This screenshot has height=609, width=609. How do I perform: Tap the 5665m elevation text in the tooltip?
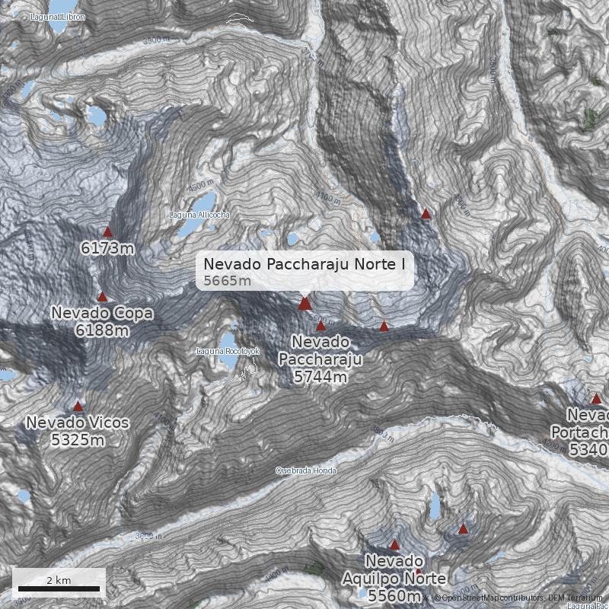227,281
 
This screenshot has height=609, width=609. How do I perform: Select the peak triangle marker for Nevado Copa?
103,297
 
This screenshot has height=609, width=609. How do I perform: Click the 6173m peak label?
107,248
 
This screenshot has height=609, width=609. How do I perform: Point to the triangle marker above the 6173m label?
107,231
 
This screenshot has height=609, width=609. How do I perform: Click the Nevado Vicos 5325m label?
77,431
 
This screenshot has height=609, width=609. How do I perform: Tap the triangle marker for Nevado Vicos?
78,406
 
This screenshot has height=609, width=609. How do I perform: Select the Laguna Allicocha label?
199,215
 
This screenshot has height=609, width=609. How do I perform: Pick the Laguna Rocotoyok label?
228,351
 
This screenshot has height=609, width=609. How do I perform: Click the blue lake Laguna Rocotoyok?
227,340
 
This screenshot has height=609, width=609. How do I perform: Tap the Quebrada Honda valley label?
305,470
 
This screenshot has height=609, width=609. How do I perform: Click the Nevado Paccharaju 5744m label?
320,359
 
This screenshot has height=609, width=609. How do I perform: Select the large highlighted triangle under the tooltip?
304,304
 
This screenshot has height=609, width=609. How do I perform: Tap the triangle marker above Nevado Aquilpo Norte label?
394,544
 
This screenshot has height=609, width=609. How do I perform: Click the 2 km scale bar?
59,588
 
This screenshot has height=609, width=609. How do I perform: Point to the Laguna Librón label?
57,16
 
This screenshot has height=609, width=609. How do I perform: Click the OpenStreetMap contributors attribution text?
487,598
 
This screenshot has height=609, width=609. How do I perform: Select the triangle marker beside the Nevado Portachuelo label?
596,398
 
